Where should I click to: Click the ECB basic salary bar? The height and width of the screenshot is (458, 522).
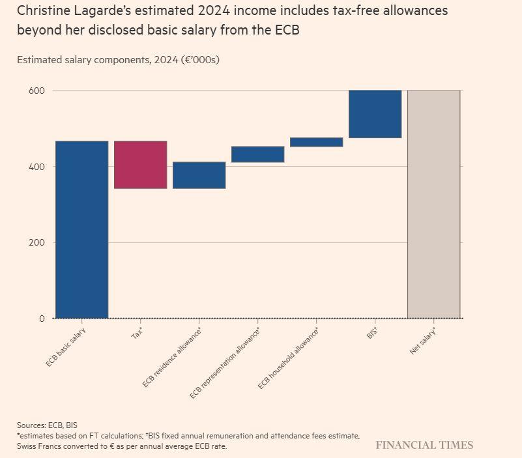coord(81,229)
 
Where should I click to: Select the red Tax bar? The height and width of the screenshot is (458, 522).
coord(140,165)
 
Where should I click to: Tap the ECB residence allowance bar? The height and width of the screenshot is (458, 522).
coord(199,175)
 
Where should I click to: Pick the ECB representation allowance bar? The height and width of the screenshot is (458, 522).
coord(257,154)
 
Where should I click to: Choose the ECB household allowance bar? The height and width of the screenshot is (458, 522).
coord(316,142)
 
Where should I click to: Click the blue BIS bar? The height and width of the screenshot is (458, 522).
coord(375,114)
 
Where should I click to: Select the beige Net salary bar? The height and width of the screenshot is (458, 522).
coord(433,204)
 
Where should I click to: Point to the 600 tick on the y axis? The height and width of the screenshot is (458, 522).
coord(36,91)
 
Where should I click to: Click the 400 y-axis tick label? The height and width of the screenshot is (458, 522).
coord(36,167)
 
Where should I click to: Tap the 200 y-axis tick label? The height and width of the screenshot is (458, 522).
coord(36,243)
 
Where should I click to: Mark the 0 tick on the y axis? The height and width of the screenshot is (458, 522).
coord(42,319)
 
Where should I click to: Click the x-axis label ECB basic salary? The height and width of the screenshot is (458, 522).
coord(66,347)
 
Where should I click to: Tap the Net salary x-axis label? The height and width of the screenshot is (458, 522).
coord(423,341)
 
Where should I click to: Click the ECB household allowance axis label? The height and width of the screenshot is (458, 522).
coord(288,359)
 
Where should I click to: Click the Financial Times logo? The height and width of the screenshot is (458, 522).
coord(424,446)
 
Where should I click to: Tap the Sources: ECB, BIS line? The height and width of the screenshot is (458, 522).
coord(47,425)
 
